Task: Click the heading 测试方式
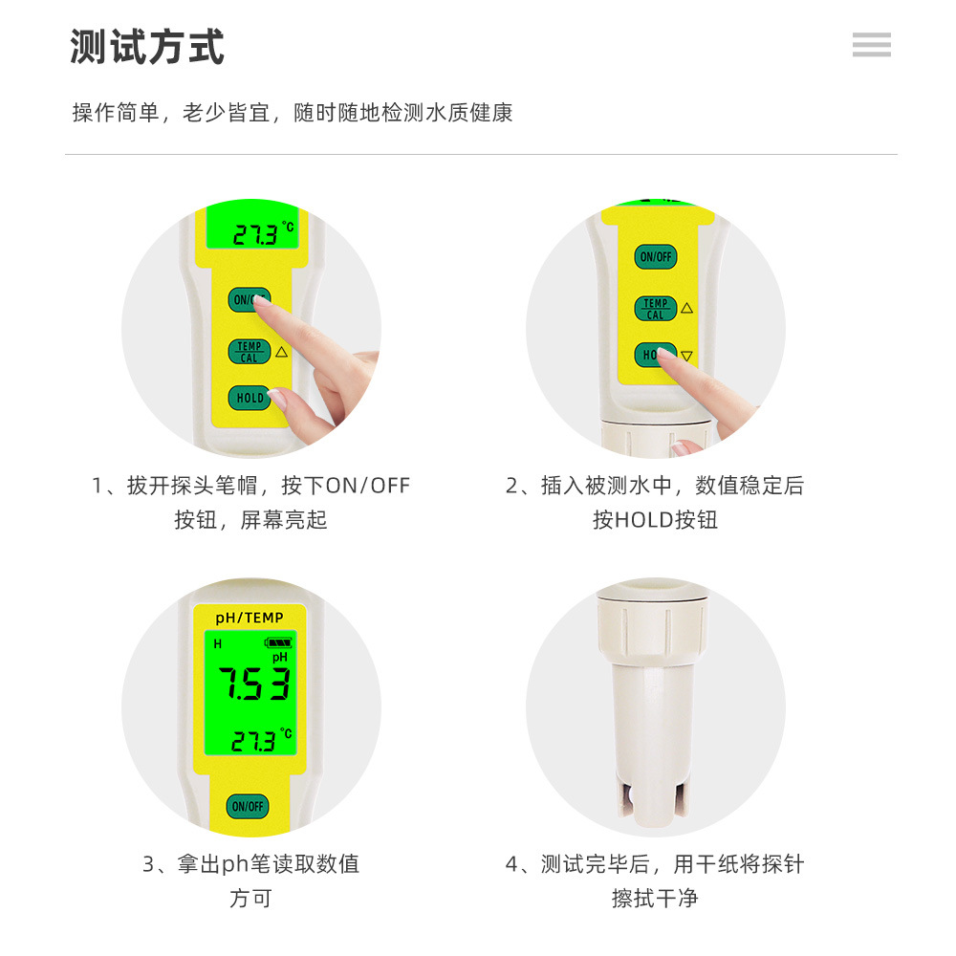click(147, 47)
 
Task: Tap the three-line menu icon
click(871, 44)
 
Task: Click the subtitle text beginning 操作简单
click(293, 113)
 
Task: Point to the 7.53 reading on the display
click(252, 684)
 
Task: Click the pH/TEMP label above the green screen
click(250, 619)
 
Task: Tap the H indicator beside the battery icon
click(217, 644)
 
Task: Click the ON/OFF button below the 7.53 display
click(248, 806)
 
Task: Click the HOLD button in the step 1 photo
click(249, 398)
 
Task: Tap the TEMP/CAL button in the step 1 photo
click(249, 352)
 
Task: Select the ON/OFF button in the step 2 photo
click(655, 256)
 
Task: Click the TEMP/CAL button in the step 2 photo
click(655, 309)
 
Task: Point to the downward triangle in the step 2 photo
click(686, 357)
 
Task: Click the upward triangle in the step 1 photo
click(281, 352)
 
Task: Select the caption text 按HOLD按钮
click(655, 520)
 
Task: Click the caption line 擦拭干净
click(655, 899)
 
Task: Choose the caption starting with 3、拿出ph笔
click(250, 864)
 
